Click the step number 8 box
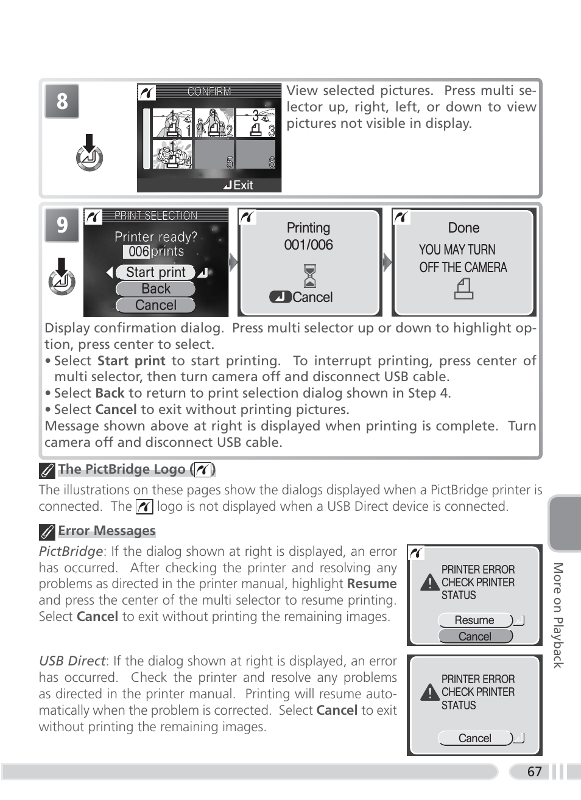pyautogui.click(x=62, y=101)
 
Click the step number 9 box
pyautogui.click(x=62, y=225)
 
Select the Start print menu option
pyautogui.click(x=155, y=272)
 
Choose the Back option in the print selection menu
pyautogui.click(x=155, y=289)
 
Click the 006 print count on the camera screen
pyautogui.click(x=139, y=251)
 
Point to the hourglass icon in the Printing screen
pyautogui.click(x=310, y=276)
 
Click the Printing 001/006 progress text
pyautogui.click(x=309, y=236)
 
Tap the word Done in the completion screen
pyautogui.click(x=463, y=228)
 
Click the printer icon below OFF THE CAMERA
pyautogui.click(x=463, y=289)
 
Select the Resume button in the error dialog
pyautogui.click(x=475, y=620)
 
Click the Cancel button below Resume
pyautogui.click(x=475, y=636)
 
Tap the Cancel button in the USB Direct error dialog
pyautogui.click(x=475, y=738)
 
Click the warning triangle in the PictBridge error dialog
pyautogui.click(x=430, y=583)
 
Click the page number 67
pyautogui.click(x=534, y=771)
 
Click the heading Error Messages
pyautogui.click(x=107, y=531)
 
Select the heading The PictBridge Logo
pyautogui.click(x=122, y=469)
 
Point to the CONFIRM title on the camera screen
pyautogui.click(x=209, y=91)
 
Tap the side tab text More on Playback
pyautogui.click(x=558, y=615)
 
